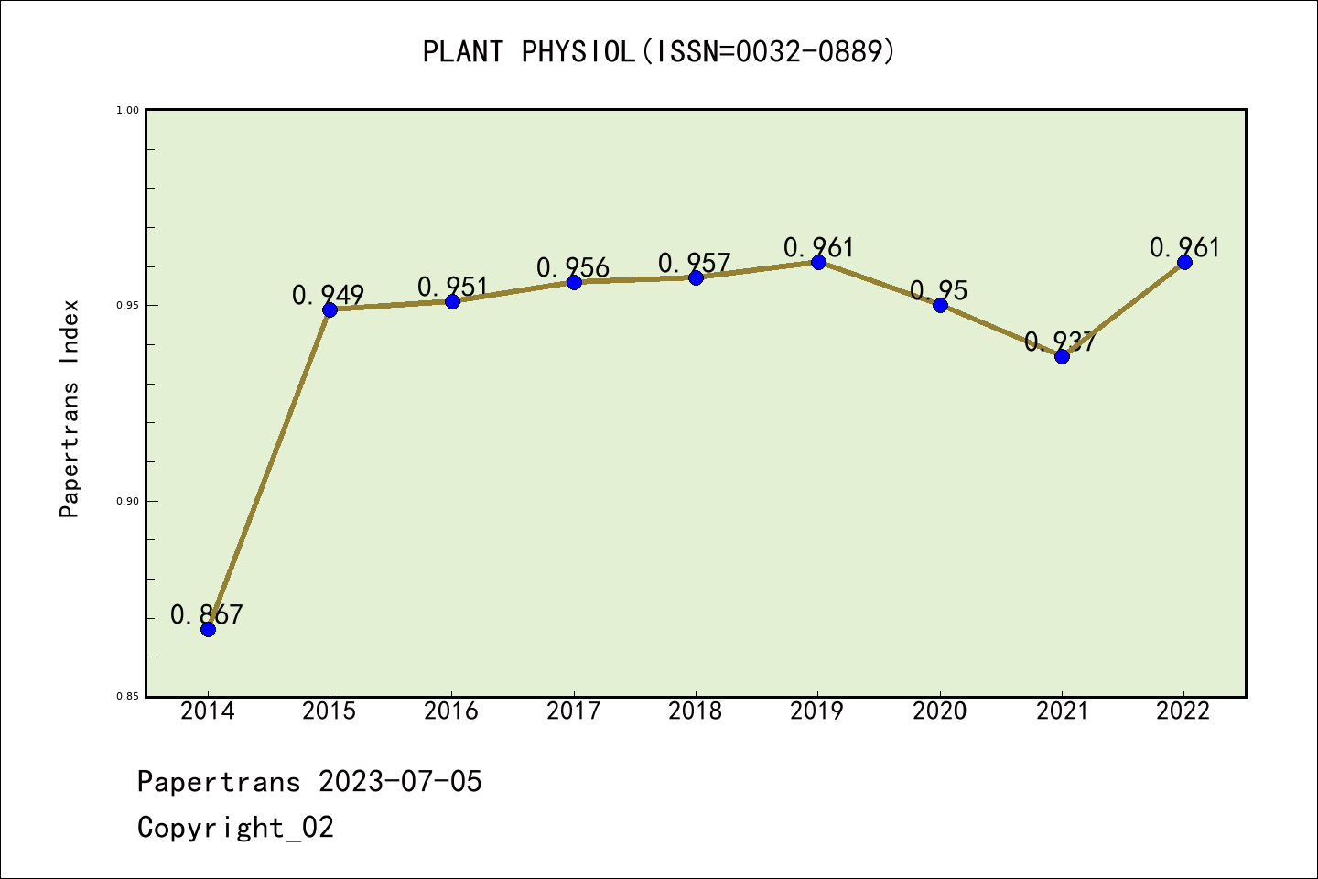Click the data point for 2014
coord(208,629)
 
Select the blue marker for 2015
coord(329,309)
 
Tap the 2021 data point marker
coord(1062,356)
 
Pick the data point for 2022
coord(1184,262)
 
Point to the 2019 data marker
coord(818,262)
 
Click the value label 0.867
coord(207,614)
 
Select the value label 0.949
coord(328,295)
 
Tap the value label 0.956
coord(573,267)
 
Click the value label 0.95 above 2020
coord(938,290)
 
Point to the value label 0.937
coord(1060,342)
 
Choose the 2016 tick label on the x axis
coord(451,711)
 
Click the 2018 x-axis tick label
coord(696,711)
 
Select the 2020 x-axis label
coord(940,711)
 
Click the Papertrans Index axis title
coord(70,408)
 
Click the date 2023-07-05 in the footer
coord(400,782)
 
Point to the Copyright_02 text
coord(235,828)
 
